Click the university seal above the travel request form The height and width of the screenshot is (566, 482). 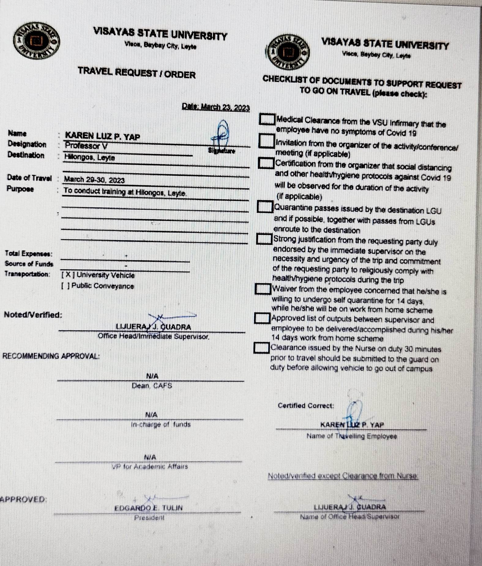pyautogui.click(x=36, y=41)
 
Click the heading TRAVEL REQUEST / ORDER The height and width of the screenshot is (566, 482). pyautogui.click(x=136, y=73)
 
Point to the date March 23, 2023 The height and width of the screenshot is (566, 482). pyautogui.click(x=216, y=107)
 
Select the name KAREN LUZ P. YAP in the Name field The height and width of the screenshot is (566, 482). pyautogui.click(x=103, y=136)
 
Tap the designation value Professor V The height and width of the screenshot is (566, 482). pyautogui.click(x=86, y=146)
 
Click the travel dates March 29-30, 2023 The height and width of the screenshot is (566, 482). pyautogui.click(x=94, y=180)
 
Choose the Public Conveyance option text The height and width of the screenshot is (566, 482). pyautogui.click(x=103, y=286)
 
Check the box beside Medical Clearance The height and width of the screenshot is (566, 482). pyautogui.click(x=267, y=119)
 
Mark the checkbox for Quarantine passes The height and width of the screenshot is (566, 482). pyautogui.click(x=265, y=207)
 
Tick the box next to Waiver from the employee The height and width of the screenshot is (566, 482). pyautogui.click(x=263, y=289)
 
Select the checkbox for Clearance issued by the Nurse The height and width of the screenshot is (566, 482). pyautogui.click(x=261, y=347)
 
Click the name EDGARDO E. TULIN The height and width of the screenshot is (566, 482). pyautogui.click(x=148, y=508)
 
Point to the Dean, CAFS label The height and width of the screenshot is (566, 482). pyautogui.click(x=152, y=386)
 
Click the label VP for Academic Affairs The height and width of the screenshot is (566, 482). pyautogui.click(x=150, y=467)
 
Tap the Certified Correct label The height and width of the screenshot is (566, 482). pyautogui.click(x=306, y=406)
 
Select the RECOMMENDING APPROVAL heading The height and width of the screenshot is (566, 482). pyautogui.click(x=51, y=356)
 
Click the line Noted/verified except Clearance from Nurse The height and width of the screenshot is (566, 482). pyautogui.click(x=343, y=476)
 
